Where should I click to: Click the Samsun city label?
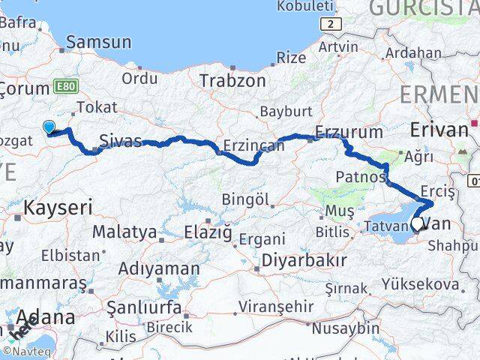[98, 42]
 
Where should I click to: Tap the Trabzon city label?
[232, 80]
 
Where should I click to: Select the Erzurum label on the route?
[349, 132]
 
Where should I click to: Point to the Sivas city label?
[121, 139]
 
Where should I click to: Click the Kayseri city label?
[58, 207]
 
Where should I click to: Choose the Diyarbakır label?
[303, 260]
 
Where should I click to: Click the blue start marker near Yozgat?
[49, 127]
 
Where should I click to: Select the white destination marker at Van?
[417, 223]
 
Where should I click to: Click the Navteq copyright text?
[27, 350]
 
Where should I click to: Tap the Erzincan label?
[253, 145]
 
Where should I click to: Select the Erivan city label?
[439, 129]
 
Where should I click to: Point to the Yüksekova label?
[430, 284]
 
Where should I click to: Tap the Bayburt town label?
[286, 111]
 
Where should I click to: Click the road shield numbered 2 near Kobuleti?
[334, 25]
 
